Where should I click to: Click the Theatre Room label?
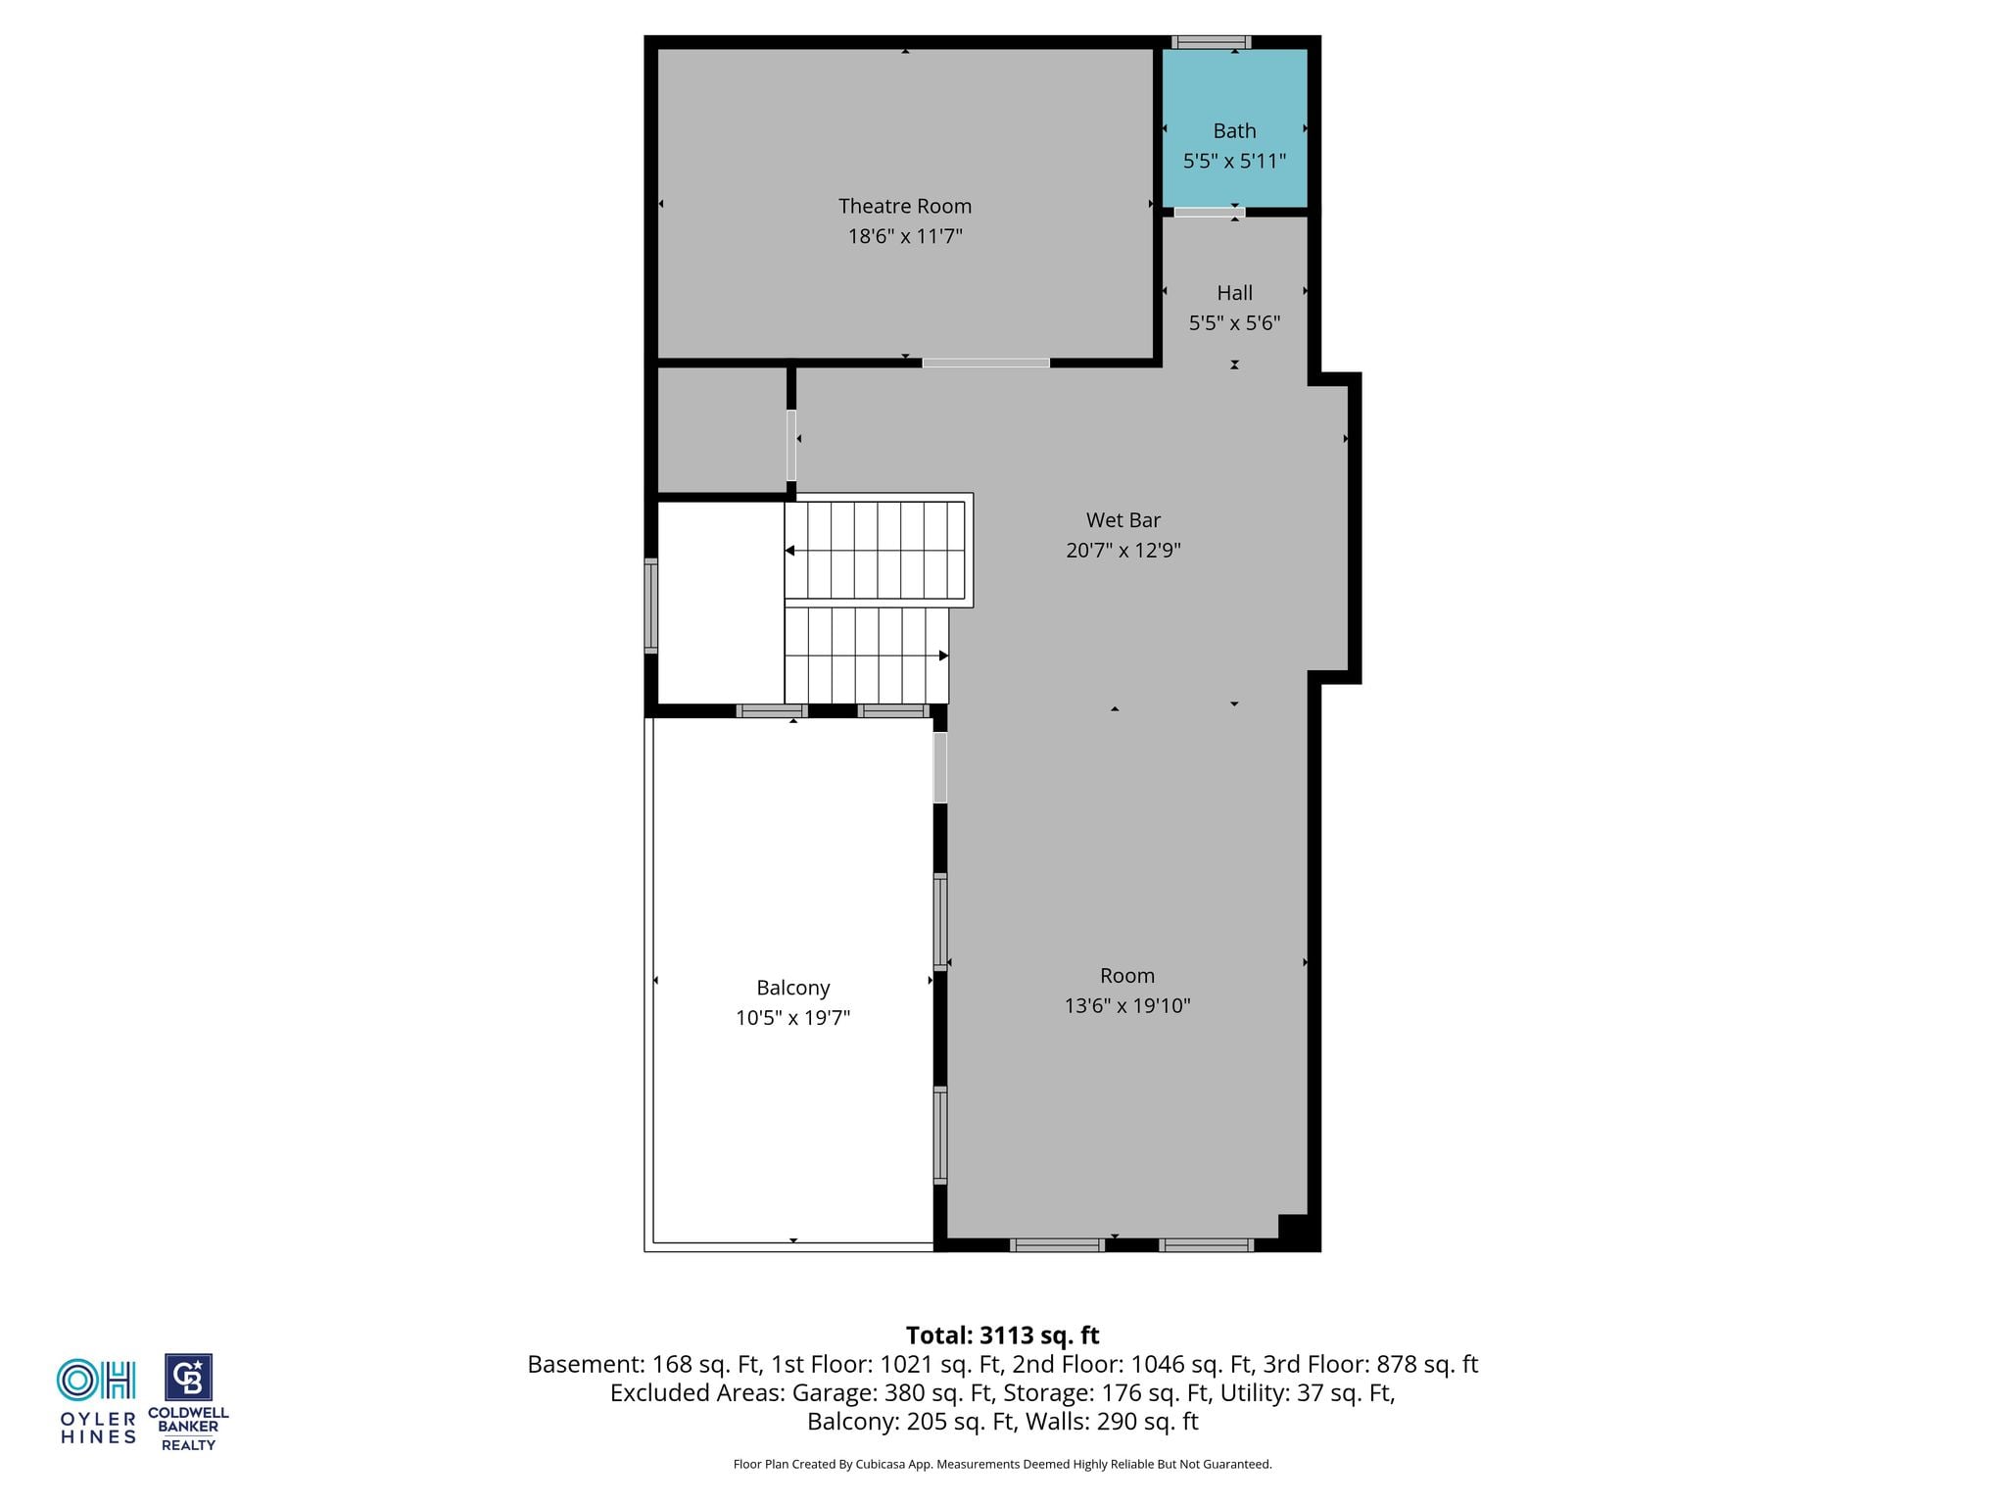[x=905, y=206]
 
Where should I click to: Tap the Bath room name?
[x=1234, y=130]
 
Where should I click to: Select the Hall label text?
[x=1234, y=292]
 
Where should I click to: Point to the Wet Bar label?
[x=1122, y=520]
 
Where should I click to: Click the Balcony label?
[x=792, y=988]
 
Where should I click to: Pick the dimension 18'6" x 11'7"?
[x=905, y=236]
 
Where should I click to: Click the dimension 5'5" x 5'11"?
[x=1234, y=161]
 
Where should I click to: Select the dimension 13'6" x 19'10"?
[x=1127, y=1005]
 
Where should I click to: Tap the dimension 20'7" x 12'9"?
[x=1122, y=551]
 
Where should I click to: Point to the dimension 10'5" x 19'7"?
[x=792, y=1018]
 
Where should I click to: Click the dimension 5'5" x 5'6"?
[x=1234, y=322]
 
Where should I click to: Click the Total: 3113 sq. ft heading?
[x=1002, y=1335]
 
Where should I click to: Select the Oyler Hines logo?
[x=97, y=1401]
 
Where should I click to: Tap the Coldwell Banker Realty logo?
[x=188, y=1402]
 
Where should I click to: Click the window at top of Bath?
[x=1212, y=42]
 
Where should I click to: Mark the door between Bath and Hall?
[x=1210, y=212]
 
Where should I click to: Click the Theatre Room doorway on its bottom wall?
[x=985, y=363]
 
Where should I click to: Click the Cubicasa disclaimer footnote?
[x=1002, y=1465]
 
